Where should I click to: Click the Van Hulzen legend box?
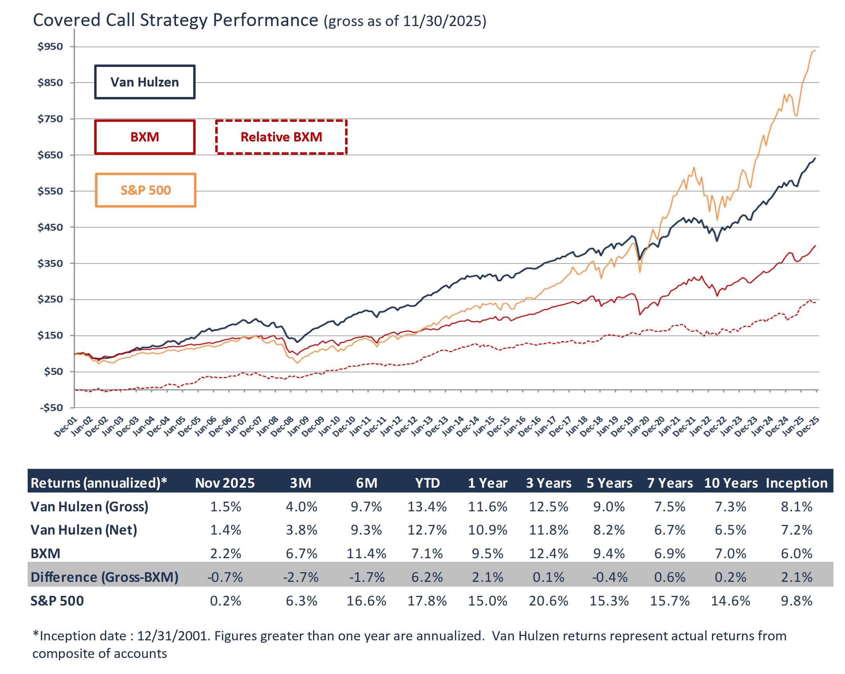(145, 82)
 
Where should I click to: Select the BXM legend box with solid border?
(145, 137)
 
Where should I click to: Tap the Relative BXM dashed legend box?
(281, 137)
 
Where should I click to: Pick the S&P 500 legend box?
(146, 190)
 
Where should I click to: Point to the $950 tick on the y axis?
(51, 46)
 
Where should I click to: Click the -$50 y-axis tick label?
(51, 408)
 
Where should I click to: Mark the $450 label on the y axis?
(51, 227)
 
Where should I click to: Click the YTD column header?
(427, 483)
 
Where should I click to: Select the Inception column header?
(796, 483)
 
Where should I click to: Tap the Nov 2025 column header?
(225, 483)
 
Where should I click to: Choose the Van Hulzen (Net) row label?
(84, 530)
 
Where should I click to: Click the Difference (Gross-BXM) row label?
(104, 577)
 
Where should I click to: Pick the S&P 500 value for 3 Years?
(548, 601)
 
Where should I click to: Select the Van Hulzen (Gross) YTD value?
(427, 507)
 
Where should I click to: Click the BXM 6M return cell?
(366, 553)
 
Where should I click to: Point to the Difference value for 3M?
(301, 577)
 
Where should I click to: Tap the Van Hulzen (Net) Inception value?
(796, 530)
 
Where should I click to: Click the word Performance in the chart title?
(265, 20)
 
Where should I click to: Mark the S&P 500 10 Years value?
(730, 601)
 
